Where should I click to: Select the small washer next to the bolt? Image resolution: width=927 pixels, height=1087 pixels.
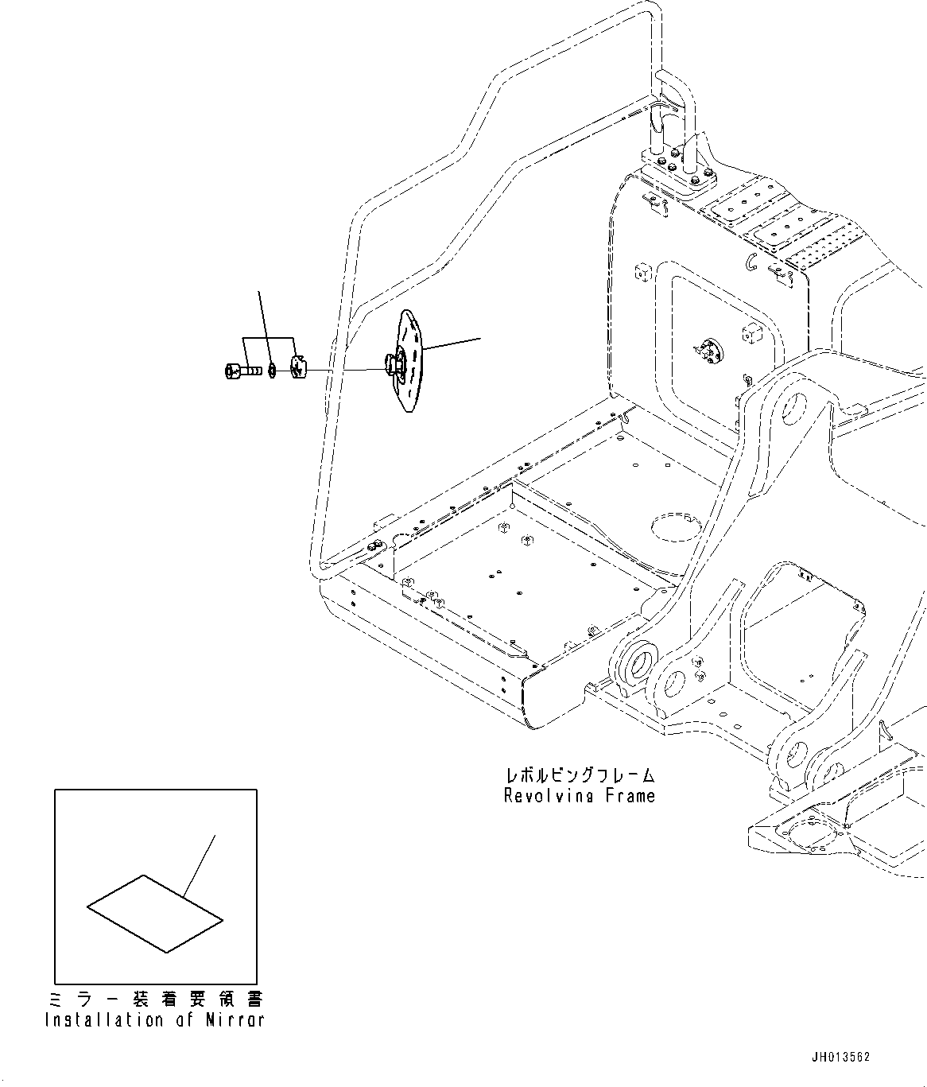coord(273,370)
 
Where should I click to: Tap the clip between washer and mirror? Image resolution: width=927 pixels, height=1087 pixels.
coord(298,368)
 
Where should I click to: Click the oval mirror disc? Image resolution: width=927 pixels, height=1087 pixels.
coord(413,362)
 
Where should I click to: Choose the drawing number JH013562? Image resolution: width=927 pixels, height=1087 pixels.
coord(840,1057)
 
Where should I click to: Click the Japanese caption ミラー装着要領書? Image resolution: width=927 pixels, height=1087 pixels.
coord(155,999)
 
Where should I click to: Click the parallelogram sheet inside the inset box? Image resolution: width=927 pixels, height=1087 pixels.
coord(155,914)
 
